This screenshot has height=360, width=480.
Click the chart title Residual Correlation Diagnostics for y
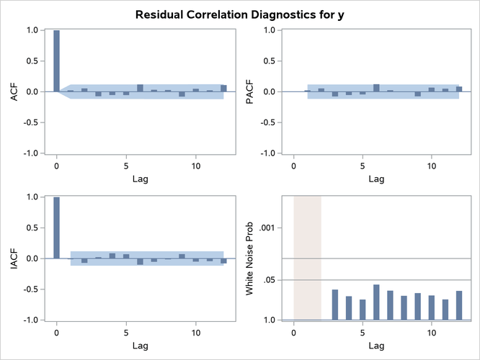coord(239,14)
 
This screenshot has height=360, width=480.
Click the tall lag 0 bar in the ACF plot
coord(56,61)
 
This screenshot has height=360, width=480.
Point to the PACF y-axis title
coord(250,91)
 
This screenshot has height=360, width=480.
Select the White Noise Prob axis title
coord(250,258)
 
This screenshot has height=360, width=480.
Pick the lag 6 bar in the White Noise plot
coord(376,302)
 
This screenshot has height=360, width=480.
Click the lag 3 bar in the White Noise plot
coord(335,305)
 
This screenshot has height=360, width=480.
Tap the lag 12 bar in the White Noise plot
coord(458,305)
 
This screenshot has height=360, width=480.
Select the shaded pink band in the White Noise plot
coord(307,258)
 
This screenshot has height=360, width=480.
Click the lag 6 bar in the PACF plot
coord(376,88)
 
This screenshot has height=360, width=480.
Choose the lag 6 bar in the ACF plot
coord(140,88)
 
